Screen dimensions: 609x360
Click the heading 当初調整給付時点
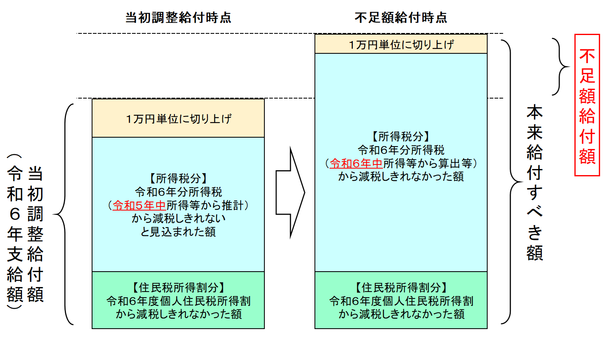coord(178,18)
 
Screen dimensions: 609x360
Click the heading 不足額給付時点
coord(401,18)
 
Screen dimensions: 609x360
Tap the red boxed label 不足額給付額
coord(587,105)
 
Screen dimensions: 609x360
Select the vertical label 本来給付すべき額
coord(534,182)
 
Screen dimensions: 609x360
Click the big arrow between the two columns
coord(290,192)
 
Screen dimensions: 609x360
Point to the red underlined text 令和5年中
coord(139,205)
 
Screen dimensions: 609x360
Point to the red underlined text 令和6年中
coord(356,164)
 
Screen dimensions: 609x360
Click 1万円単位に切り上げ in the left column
coord(178,119)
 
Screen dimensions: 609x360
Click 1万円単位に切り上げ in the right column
coord(401,45)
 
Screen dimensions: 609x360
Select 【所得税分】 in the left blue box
coord(178,179)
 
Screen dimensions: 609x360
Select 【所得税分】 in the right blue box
coord(401,137)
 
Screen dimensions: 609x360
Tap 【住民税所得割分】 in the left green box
coord(178,288)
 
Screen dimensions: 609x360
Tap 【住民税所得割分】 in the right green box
coord(401,288)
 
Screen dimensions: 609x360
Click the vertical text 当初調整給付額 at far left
coord(35,234)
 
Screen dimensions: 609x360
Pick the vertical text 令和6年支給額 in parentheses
coord(15,232)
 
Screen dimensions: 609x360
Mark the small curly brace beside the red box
coord(560,67)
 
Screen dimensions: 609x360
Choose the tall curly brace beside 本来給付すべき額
coord(511,182)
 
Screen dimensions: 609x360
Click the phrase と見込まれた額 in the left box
coord(178,232)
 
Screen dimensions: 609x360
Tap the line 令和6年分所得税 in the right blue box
coord(401,150)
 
